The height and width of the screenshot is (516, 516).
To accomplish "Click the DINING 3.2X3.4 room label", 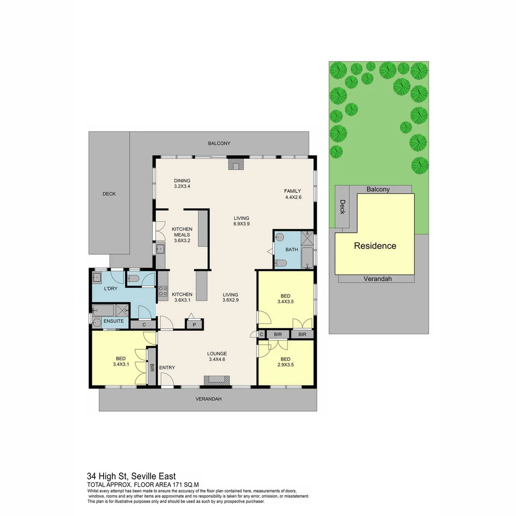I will click(x=182, y=183).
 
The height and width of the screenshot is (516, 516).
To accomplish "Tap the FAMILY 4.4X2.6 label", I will click(x=292, y=193).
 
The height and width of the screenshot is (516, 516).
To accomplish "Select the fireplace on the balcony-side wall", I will click(x=236, y=164).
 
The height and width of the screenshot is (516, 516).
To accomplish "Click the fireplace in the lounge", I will click(x=216, y=380).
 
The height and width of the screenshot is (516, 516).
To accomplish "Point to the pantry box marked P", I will click(x=194, y=324).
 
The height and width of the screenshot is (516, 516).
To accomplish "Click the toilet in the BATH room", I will click(x=281, y=263).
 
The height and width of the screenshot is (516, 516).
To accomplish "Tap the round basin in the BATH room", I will click(x=280, y=236).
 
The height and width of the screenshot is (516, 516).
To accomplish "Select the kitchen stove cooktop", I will click(x=163, y=291).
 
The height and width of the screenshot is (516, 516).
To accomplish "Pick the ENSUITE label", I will click(x=114, y=321).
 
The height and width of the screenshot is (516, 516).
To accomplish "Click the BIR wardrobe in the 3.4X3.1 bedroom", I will click(x=152, y=367).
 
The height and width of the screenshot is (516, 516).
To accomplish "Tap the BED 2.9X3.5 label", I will click(x=285, y=362).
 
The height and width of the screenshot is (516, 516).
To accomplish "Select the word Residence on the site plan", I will click(x=375, y=246).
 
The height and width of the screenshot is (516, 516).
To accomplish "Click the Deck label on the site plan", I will click(x=342, y=207).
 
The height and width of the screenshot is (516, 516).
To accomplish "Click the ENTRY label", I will click(x=167, y=367).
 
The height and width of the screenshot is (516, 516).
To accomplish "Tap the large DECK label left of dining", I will click(x=109, y=194).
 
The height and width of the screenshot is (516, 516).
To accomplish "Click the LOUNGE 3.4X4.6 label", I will click(x=216, y=356).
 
